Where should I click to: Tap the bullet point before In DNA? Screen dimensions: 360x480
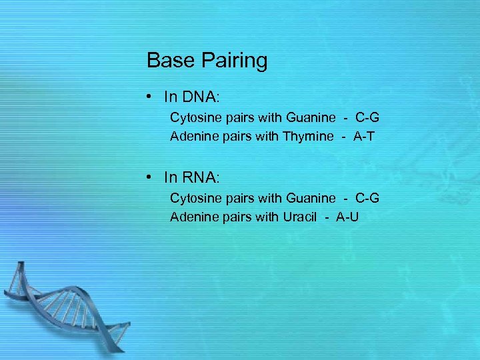pyautogui.click(x=153, y=97)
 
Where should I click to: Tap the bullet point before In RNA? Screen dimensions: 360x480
pyautogui.click(x=153, y=177)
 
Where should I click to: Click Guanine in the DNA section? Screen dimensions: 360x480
pyautogui.click(x=311, y=118)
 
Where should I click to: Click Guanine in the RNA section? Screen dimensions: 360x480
pyautogui.click(x=311, y=198)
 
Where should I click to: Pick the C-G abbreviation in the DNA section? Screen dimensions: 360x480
pyautogui.click(x=367, y=118)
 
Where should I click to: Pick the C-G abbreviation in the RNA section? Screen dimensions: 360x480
pyautogui.click(x=367, y=198)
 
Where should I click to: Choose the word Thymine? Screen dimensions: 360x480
pyautogui.click(x=308, y=137)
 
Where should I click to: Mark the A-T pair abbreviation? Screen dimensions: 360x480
pyautogui.click(x=364, y=137)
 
